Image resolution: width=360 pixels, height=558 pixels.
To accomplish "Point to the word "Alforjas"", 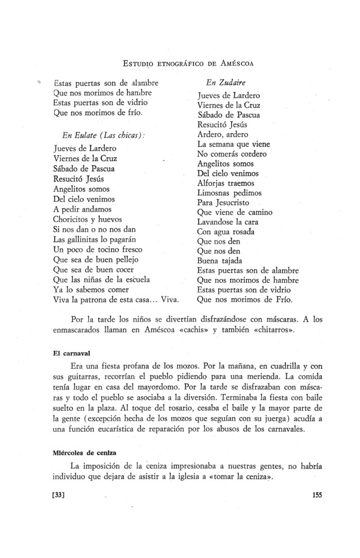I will pyautogui.click(x=214, y=182).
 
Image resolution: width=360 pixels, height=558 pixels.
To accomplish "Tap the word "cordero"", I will pyautogui.click(x=252, y=153).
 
